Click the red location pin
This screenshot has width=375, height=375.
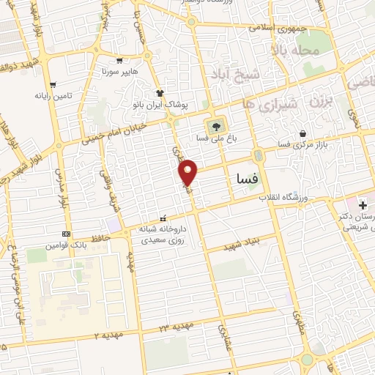coord(189,171)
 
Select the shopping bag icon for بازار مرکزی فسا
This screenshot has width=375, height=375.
coord(303,133)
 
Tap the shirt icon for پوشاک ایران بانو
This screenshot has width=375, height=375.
coord(160,93)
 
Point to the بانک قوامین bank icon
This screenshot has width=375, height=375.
coord(67,234)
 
